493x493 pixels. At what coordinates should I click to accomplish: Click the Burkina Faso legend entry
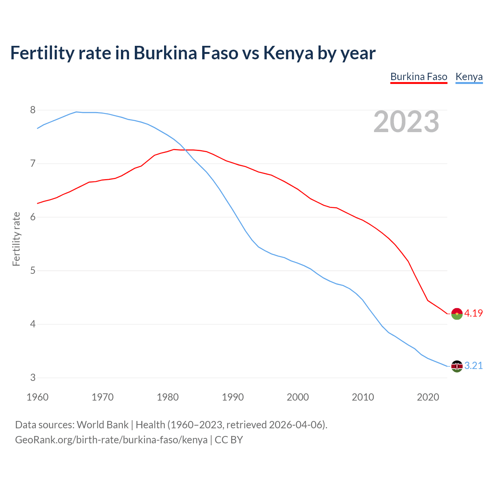419,77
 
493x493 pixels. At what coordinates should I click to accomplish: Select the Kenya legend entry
469,77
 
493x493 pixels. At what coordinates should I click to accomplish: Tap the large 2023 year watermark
406,122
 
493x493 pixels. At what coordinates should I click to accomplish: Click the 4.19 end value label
473,313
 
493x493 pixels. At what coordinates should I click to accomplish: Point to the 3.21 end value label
473,366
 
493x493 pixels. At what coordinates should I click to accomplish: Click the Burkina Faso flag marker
456,314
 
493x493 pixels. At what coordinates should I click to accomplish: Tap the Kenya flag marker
456,366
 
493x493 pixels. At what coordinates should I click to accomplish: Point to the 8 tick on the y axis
33,110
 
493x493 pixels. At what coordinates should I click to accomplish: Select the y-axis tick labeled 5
33,271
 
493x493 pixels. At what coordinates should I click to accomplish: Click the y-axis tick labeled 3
33,378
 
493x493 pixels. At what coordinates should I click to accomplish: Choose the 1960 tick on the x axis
37,397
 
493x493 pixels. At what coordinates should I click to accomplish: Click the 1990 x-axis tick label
233,397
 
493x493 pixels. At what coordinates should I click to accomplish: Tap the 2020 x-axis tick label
428,397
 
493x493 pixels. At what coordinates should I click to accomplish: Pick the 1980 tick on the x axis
168,397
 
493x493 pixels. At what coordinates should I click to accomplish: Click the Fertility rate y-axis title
16,239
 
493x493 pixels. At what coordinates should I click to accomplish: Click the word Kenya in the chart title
288,53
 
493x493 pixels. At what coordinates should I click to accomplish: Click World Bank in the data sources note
102,425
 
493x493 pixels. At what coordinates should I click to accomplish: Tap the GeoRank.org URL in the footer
111,440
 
